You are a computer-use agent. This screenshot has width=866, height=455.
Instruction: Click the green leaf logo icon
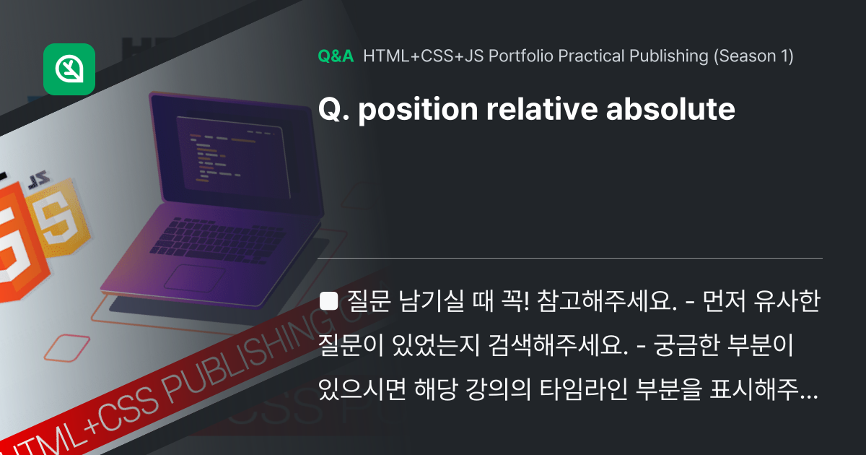pos(69,69)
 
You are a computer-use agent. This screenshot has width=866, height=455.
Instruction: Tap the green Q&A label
pos(336,56)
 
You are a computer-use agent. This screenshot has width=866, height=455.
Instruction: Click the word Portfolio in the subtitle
pos(515,56)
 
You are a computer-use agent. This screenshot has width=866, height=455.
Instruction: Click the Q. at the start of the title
pos(333,110)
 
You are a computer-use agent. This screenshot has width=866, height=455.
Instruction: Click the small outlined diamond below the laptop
pos(66,347)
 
